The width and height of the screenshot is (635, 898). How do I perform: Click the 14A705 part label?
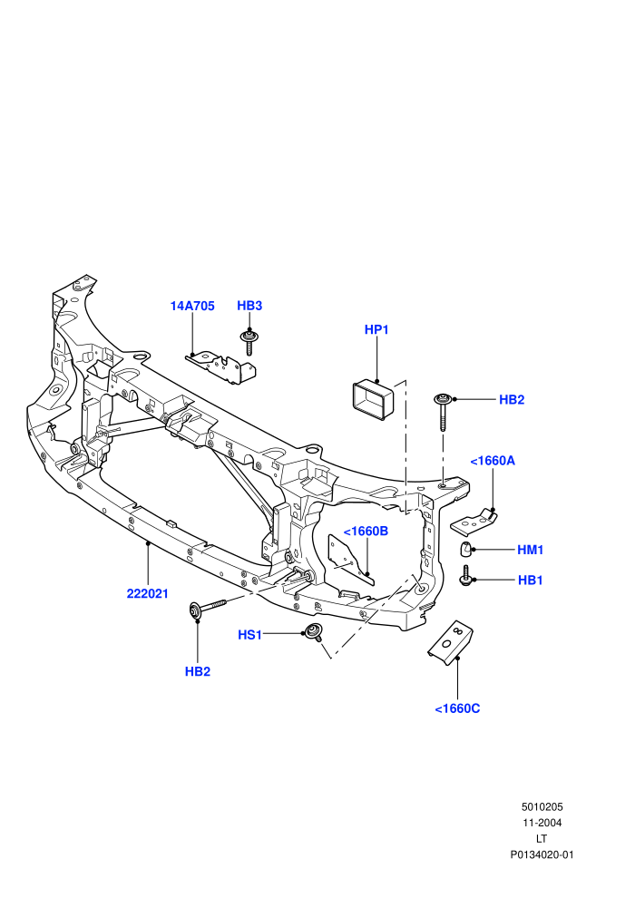[192, 306]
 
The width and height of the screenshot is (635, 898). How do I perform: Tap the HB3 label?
[249, 306]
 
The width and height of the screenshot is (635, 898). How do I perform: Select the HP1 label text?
[376, 330]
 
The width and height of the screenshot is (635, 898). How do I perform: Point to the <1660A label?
[493, 461]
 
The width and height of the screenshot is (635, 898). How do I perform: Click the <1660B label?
[366, 532]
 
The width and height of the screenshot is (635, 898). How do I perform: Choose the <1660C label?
[457, 709]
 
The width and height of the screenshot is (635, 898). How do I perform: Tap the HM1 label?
[530, 550]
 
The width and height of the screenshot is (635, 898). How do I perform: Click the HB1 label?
[530, 581]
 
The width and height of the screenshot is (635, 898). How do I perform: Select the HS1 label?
[249, 635]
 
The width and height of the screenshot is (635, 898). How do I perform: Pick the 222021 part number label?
[148, 594]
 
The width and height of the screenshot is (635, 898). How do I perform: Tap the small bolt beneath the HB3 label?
[249, 342]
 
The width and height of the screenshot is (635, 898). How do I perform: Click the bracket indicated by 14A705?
[221, 367]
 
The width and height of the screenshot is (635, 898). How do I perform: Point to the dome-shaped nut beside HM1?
[466, 549]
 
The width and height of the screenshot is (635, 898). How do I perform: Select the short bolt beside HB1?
[465, 576]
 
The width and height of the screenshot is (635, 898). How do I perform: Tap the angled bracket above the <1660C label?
[451, 642]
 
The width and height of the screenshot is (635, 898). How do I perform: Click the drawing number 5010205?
[542, 807]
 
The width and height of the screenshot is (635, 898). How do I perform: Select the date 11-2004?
[542, 823]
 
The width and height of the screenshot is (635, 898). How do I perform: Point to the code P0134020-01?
[542, 855]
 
